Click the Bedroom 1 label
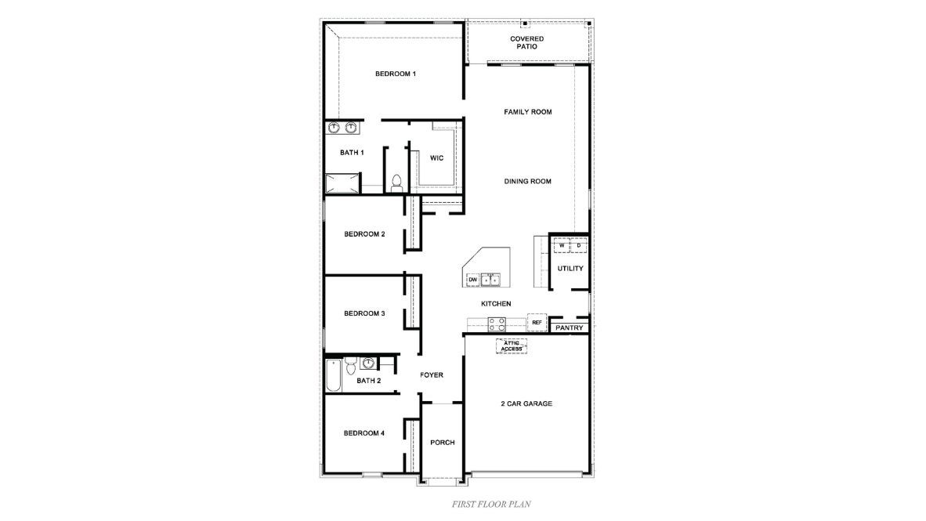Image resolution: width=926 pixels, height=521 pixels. [395, 74]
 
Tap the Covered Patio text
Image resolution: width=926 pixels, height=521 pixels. [526, 42]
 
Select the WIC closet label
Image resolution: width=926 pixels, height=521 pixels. [436, 158]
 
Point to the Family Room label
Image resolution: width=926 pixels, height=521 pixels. [527, 112]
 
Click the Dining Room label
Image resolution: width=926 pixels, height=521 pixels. [527, 181]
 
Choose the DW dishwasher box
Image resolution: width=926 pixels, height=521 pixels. [472, 279]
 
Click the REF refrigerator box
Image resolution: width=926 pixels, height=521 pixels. [537, 322]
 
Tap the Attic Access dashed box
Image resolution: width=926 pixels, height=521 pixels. [511, 346]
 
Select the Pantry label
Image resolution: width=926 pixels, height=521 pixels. [570, 327]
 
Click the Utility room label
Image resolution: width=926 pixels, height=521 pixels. [570, 269]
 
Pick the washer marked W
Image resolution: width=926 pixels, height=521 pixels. [562, 246]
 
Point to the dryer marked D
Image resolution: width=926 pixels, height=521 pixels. [578, 246]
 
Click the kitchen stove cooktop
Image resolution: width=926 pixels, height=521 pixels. [497, 324]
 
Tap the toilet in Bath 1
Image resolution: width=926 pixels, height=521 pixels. [396, 183]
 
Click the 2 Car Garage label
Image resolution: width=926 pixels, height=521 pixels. [526, 404]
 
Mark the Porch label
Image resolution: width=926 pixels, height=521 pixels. [443, 443]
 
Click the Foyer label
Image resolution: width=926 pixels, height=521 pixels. [432, 375]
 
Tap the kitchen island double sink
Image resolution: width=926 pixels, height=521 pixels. [491, 279]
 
